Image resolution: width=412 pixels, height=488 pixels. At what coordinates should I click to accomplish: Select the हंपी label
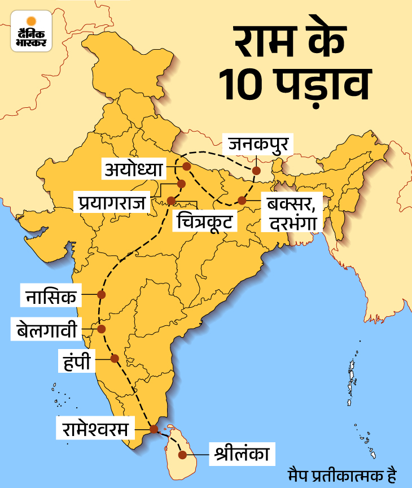(x=81, y=359)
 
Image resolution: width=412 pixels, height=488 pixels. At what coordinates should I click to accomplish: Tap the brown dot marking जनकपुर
(x=256, y=170)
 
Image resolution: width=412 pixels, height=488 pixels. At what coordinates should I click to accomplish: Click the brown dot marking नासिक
(x=102, y=294)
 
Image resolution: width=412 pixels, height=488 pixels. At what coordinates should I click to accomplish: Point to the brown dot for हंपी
(x=115, y=358)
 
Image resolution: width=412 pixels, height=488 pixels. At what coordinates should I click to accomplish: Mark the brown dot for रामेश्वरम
(x=154, y=429)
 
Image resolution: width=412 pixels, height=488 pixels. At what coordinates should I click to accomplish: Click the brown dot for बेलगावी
(x=102, y=329)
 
